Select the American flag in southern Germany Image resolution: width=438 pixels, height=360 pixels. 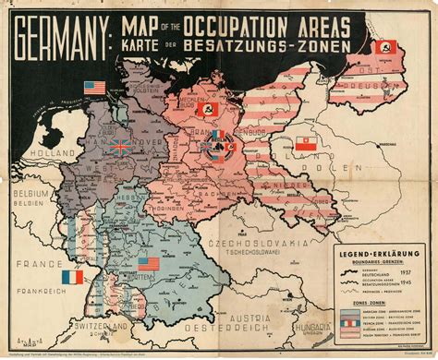coord(147,263)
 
